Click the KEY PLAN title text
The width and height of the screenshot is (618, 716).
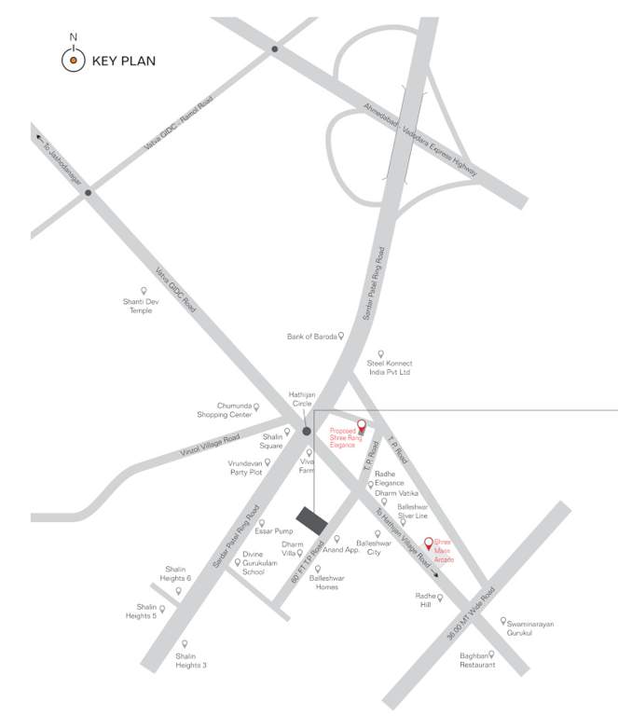tap(124, 62)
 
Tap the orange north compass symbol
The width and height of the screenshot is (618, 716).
tap(73, 61)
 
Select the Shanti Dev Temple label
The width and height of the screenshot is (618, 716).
tap(141, 306)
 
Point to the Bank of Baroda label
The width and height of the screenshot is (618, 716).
tap(310, 336)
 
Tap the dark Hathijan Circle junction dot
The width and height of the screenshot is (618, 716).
tap(307, 432)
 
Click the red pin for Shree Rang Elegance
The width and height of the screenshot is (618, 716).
tap(362, 426)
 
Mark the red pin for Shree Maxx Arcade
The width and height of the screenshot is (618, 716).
tap(430, 543)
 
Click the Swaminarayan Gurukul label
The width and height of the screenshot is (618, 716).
tap(530, 629)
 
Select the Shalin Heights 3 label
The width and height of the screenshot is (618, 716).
tap(191, 660)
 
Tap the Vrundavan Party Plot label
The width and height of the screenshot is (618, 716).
tap(246, 467)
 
